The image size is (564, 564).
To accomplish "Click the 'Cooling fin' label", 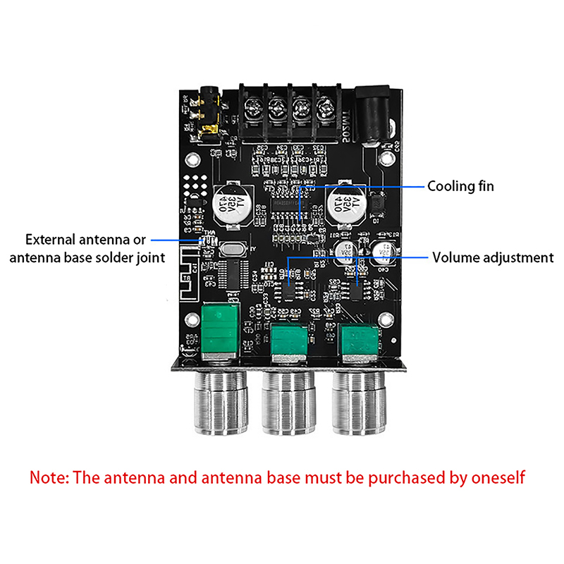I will pos(461,186).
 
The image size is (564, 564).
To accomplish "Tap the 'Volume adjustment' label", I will pos(493,257).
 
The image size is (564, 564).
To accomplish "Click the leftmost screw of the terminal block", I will pos(252,108).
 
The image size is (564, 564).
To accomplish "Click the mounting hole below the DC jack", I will pos(386,148).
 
